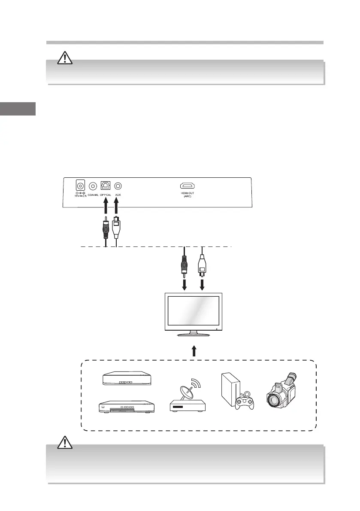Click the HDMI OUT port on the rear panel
(x=187, y=186)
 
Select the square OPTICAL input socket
(x=105, y=186)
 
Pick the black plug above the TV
(x=185, y=264)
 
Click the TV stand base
(x=194, y=334)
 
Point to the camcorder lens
(x=273, y=400)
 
